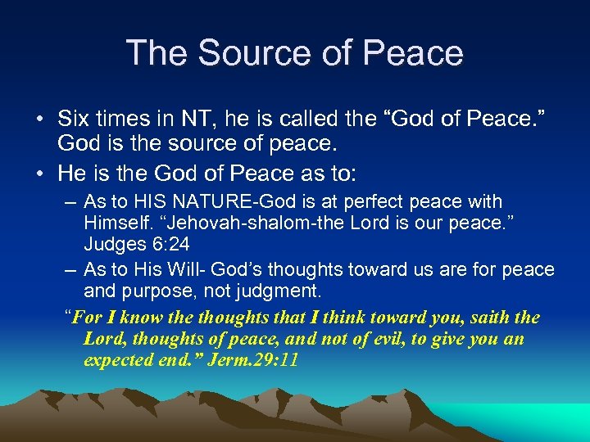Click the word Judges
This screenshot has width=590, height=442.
point(111,244)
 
